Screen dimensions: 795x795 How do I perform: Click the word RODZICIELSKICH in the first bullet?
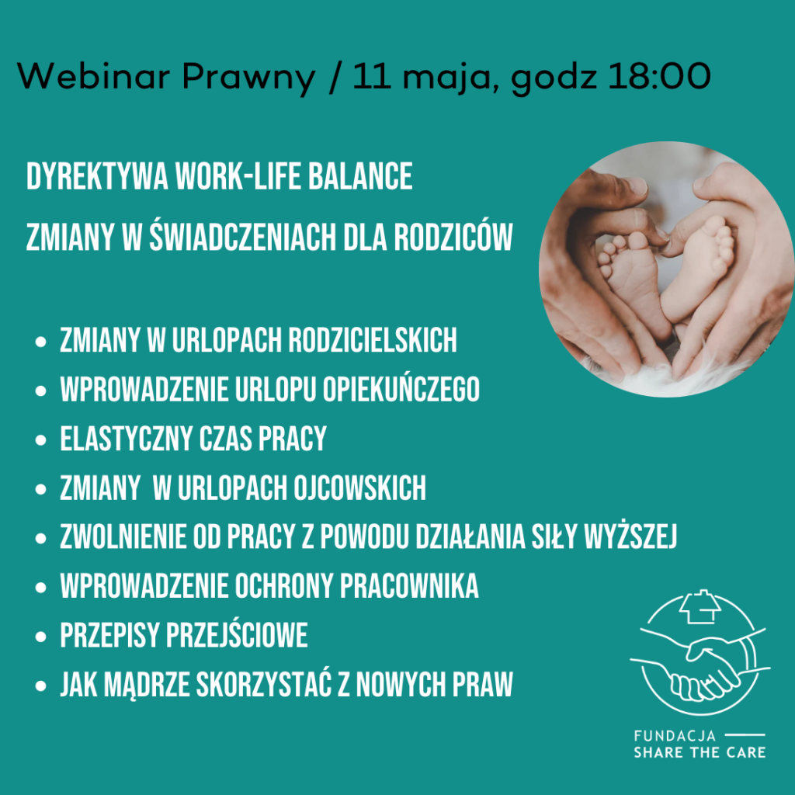coord(373,340)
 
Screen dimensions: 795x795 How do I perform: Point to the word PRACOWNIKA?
coord(411,587)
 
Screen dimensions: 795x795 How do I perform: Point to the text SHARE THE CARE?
coord(699,752)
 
